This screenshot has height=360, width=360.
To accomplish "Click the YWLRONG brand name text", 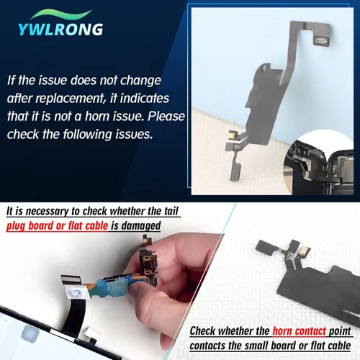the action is pos(60,30).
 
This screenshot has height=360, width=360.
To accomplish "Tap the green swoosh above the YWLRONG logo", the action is pos(61,14).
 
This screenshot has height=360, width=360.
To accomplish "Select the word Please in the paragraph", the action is pos(166,116).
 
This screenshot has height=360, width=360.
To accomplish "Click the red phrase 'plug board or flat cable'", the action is pos(57,226).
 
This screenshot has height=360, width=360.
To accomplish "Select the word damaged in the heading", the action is pos(141,226).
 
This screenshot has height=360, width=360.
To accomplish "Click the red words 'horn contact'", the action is pos(299,331).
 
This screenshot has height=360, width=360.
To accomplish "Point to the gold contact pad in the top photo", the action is pos(233,134).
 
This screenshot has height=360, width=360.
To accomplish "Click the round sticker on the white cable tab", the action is pos(76,293).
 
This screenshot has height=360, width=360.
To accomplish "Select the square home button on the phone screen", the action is pos(30,333).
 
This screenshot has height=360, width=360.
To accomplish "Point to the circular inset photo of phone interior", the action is pos(318,163).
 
